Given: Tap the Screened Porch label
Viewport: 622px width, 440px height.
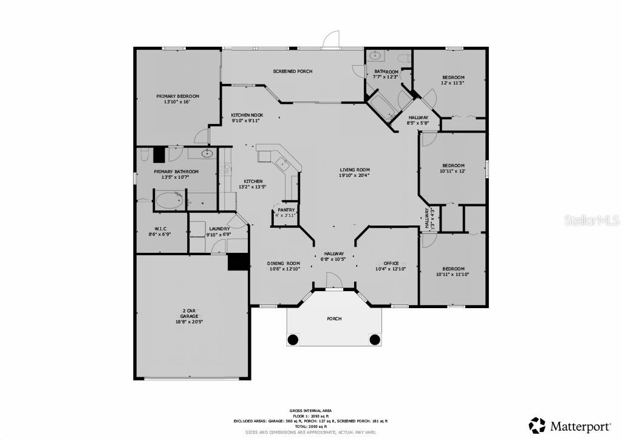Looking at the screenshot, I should pyautogui.click(x=292, y=72).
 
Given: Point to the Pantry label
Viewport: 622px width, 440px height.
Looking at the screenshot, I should pyautogui.click(x=286, y=210).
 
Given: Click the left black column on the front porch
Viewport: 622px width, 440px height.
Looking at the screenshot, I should pyautogui.click(x=293, y=339).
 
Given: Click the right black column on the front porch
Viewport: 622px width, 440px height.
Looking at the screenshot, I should pyautogui.click(x=375, y=339).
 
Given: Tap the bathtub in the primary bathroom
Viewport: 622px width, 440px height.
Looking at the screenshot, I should pyautogui.click(x=170, y=200).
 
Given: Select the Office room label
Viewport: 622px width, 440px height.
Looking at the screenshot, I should pyautogui.click(x=387, y=263).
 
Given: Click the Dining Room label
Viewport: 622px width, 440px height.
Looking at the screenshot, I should pyautogui.click(x=284, y=263).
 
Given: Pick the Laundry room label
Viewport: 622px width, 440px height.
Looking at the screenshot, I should pyautogui.click(x=219, y=229).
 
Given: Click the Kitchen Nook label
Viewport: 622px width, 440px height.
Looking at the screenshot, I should pyautogui.click(x=247, y=115).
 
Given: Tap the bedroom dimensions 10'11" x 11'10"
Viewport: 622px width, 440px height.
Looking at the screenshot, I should pyautogui.click(x=453, y=274).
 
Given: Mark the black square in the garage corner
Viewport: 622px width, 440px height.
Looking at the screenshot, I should pyautogui.click(x=238, y=262).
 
